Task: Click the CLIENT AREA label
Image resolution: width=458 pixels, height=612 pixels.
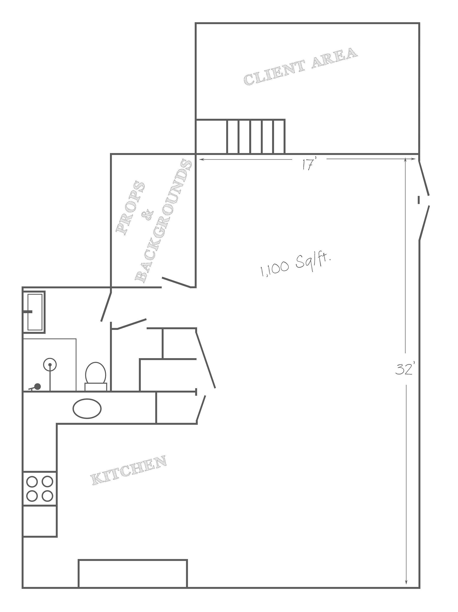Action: click(300, 66)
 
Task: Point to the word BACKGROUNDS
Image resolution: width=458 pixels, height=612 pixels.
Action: click(163, 220)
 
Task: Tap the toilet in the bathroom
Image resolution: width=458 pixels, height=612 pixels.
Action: click(95, 376)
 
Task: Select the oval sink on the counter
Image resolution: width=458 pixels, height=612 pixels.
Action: click(87, 408)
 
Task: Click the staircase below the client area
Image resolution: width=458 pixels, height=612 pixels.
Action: click(255, 136)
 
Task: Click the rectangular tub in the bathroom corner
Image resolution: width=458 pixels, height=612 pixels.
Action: click(34, 312)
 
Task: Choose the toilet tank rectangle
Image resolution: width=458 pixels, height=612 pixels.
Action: click(96, 387)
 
